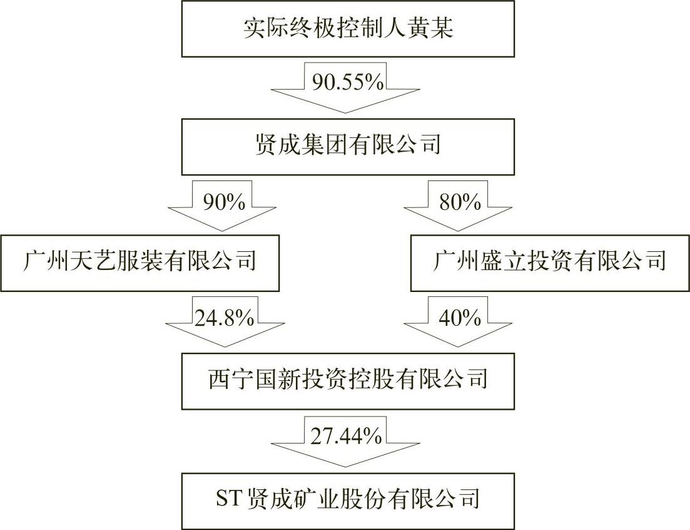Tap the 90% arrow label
224,202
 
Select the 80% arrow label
460,202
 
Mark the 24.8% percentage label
224,318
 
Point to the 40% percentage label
460,318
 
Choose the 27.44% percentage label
346,436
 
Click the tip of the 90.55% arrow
345,113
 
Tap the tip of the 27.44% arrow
346,467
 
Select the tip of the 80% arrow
458,231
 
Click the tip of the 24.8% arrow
225,346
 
